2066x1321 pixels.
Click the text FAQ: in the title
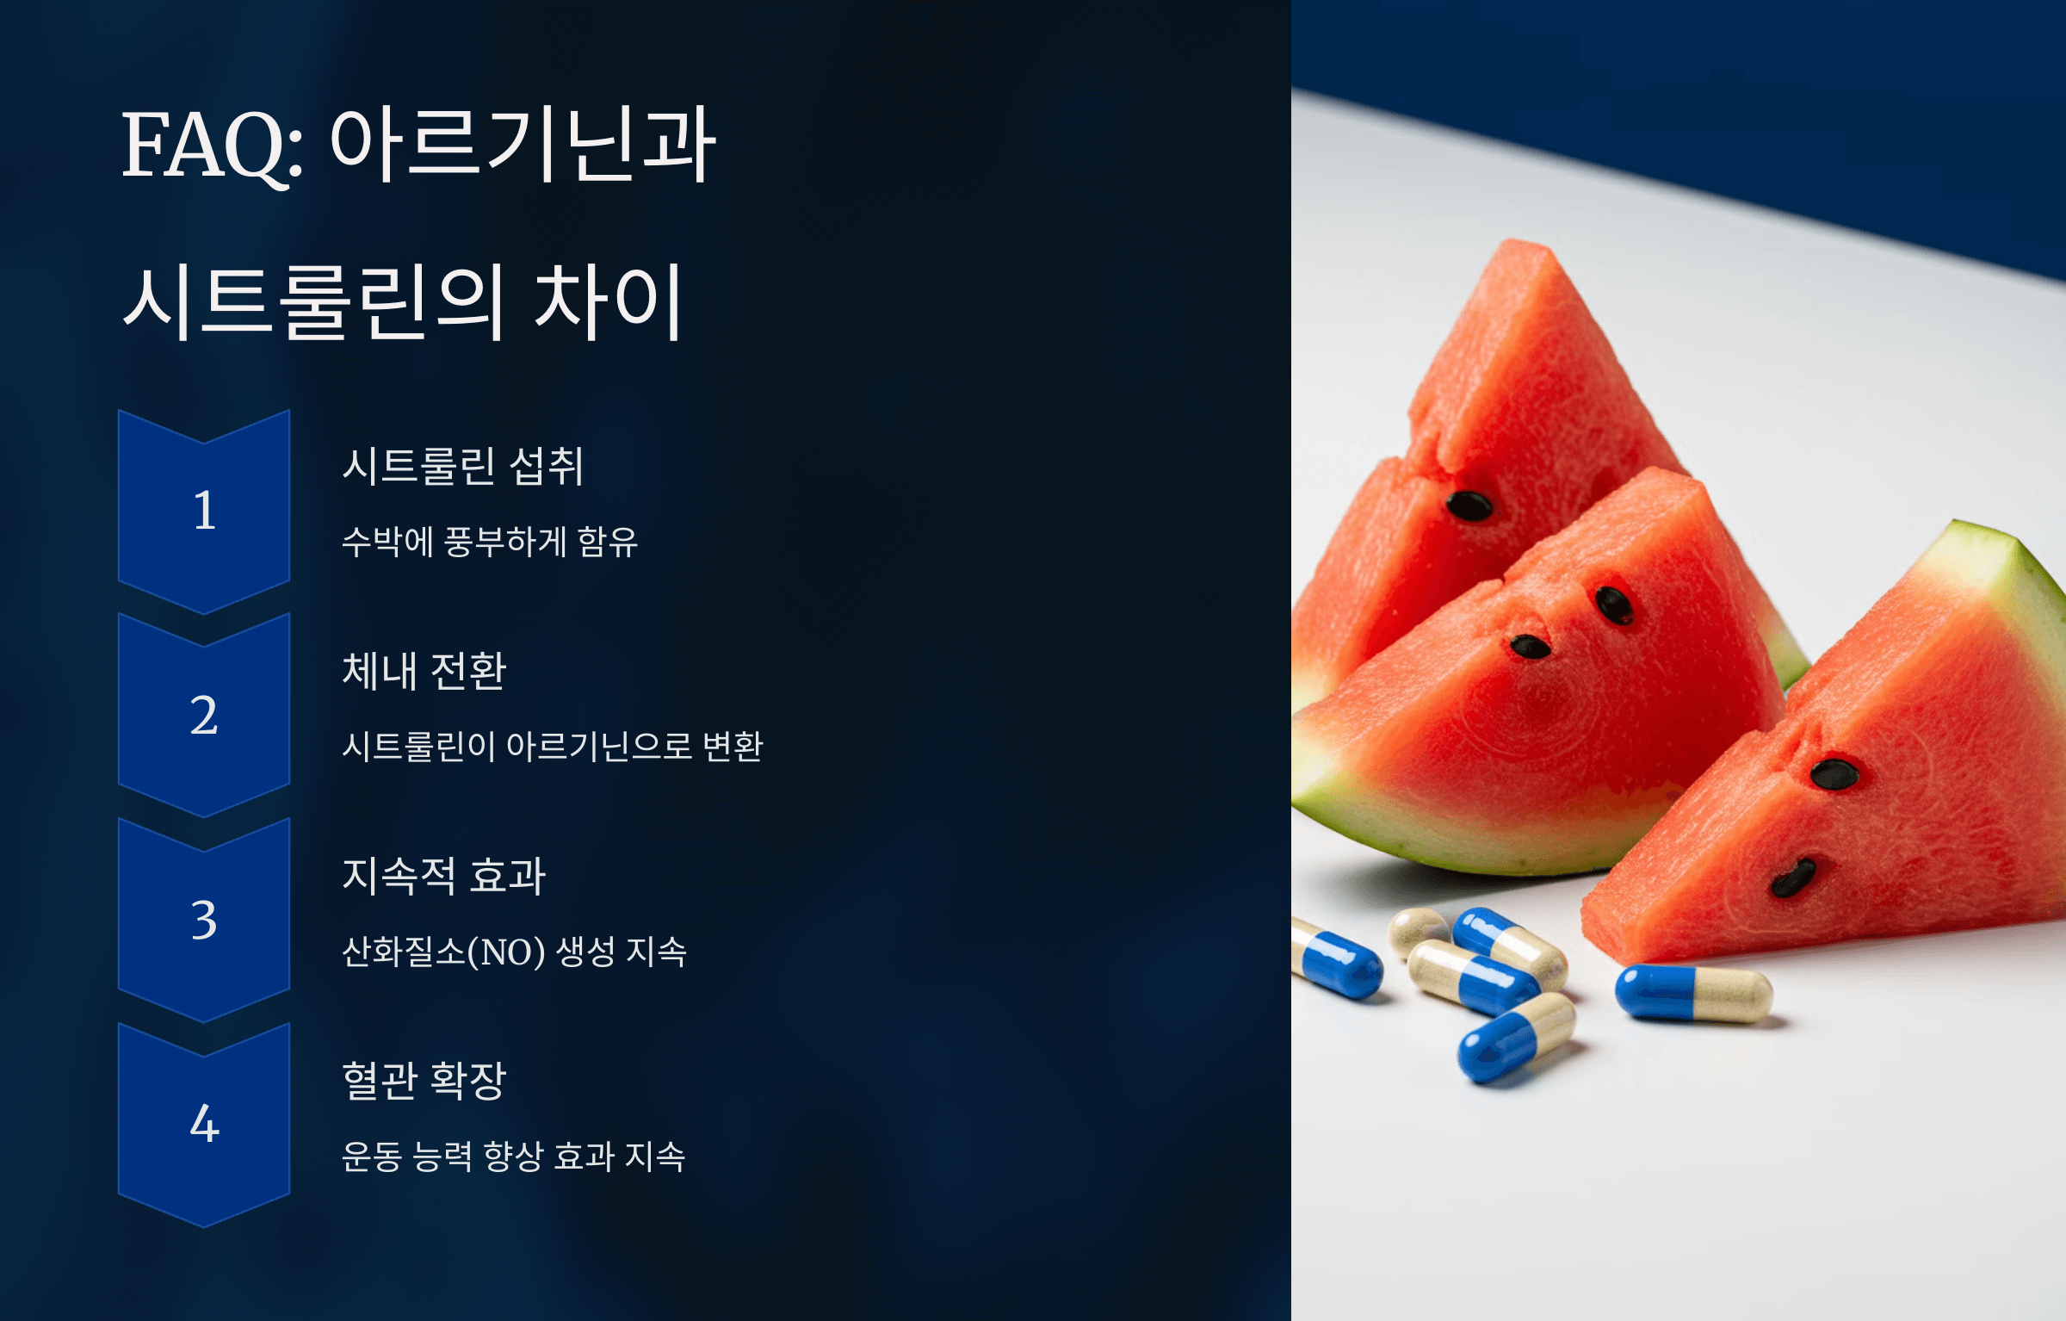pyautogui.click(x=212, y=146)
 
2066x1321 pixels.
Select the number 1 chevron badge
pyautogui.click(x=204, y=511)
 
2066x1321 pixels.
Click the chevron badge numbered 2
pyautogui.click(x=204, y=715)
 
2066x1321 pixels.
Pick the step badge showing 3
pyautogui.click(x=204, y=920)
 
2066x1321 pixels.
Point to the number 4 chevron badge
pyautogui.click(x=204, y=1124)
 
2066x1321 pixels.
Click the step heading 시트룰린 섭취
pyautogui.click(x=463, y=466)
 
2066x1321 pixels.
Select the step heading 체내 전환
pyautogui.click(x=424, y=671)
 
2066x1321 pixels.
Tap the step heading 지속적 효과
pyautogui.click(x=444, y=876)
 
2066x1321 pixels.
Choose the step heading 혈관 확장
pyautogui.click(x=424, y=1080)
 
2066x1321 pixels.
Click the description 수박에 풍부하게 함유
pyautogui.click(x=490, y=542)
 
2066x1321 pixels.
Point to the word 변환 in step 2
pyautogui.click(x=733, y=746)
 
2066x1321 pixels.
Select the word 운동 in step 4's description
pyautogui.click(x=372, y=1156)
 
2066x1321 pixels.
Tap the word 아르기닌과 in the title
pyautogui.click(x=523, y=145)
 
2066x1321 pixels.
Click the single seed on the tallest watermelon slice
pyautogui.click(x=1469, y=505)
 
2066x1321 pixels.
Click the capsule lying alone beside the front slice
pyautogui.click(x=1693, y=993)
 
